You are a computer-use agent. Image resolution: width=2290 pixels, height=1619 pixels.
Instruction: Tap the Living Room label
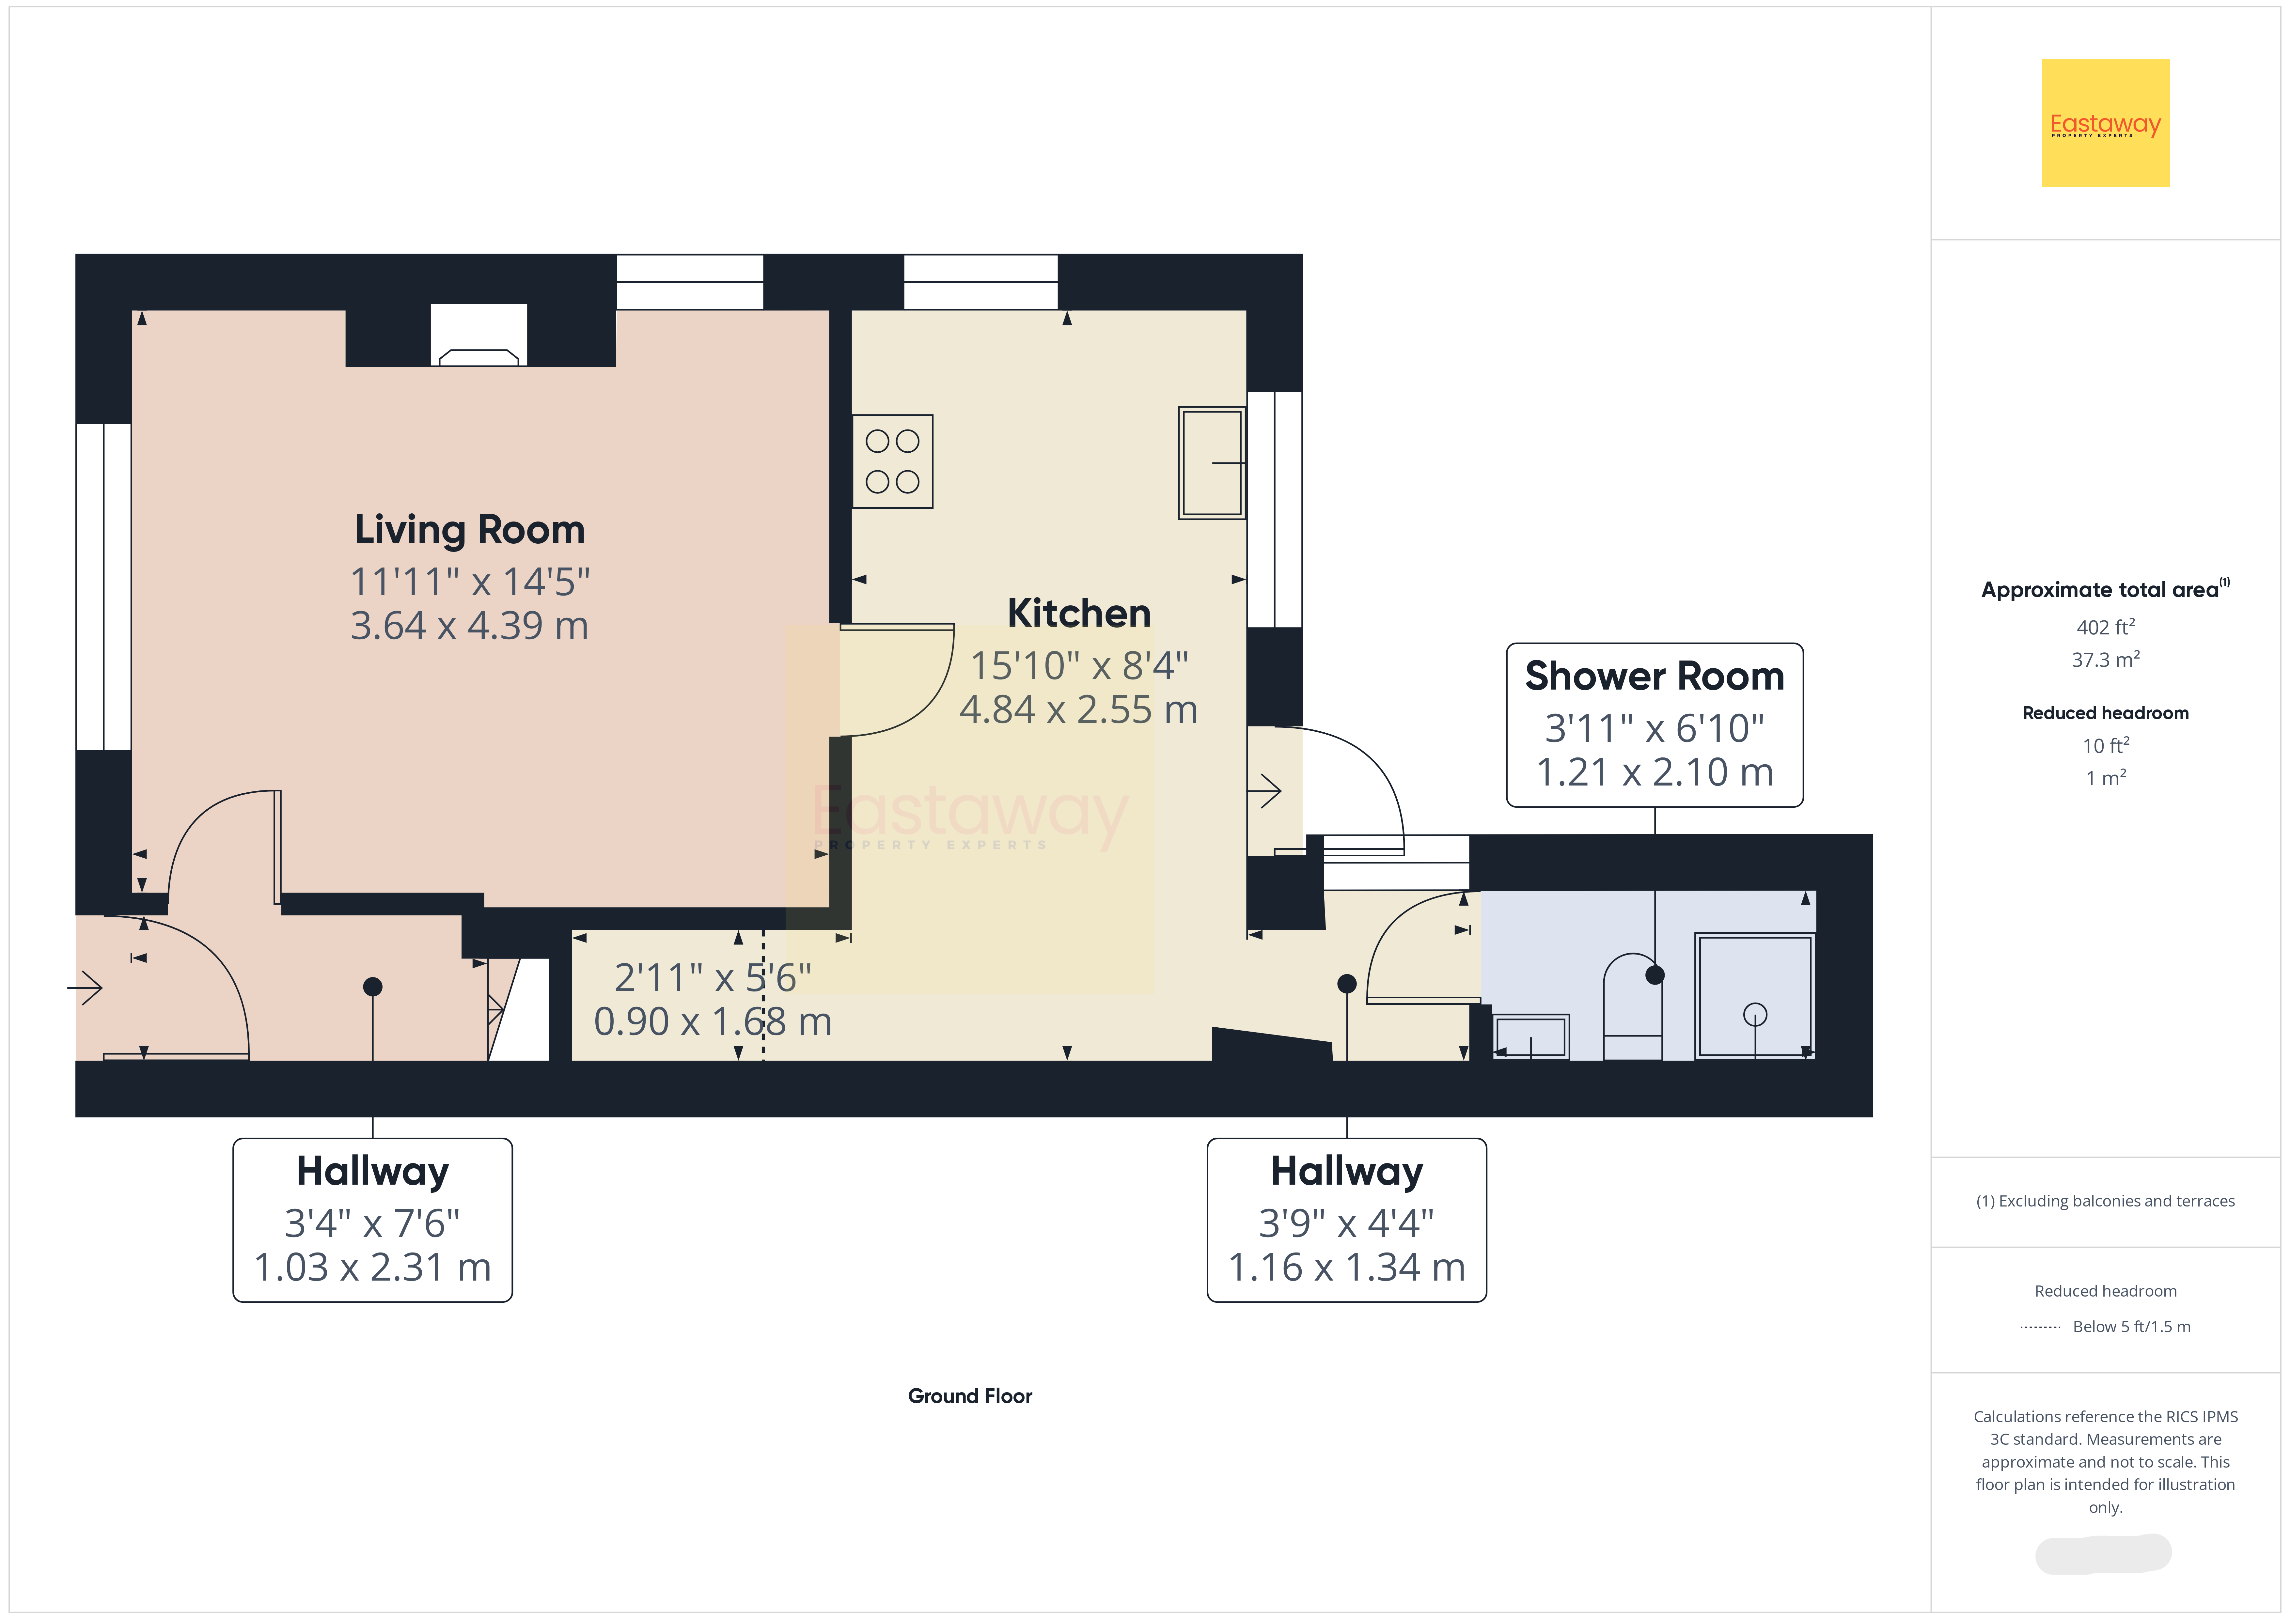pos(470,530)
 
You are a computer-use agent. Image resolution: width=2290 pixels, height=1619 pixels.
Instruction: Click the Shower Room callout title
pos(1655,676)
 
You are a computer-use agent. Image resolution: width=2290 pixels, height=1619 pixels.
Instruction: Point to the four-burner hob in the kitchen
pos(893,461)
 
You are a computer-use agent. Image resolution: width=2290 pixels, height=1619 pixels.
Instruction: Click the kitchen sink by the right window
pos(1212,463)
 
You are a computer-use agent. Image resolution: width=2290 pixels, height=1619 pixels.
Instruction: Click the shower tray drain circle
pos(1755,1015)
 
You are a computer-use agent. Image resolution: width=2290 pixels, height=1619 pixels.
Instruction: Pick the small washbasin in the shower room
pos(1531,1036)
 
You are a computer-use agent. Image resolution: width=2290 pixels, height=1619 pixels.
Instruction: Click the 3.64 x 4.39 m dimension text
pos(470,626)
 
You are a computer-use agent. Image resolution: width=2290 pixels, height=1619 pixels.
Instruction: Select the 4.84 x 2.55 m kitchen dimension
pos(1079,709)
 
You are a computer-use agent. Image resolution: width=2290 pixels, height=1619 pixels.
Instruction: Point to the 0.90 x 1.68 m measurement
pos(713,1021)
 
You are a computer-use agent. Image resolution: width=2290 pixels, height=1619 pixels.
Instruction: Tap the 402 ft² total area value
pos(2106,628)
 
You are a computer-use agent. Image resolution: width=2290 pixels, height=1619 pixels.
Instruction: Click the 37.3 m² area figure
pos(2106,659)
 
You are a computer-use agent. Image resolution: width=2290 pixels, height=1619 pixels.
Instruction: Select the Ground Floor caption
pos(969,1395)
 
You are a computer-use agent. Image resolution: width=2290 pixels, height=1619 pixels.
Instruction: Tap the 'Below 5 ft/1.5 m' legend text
pos(2131,1327)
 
